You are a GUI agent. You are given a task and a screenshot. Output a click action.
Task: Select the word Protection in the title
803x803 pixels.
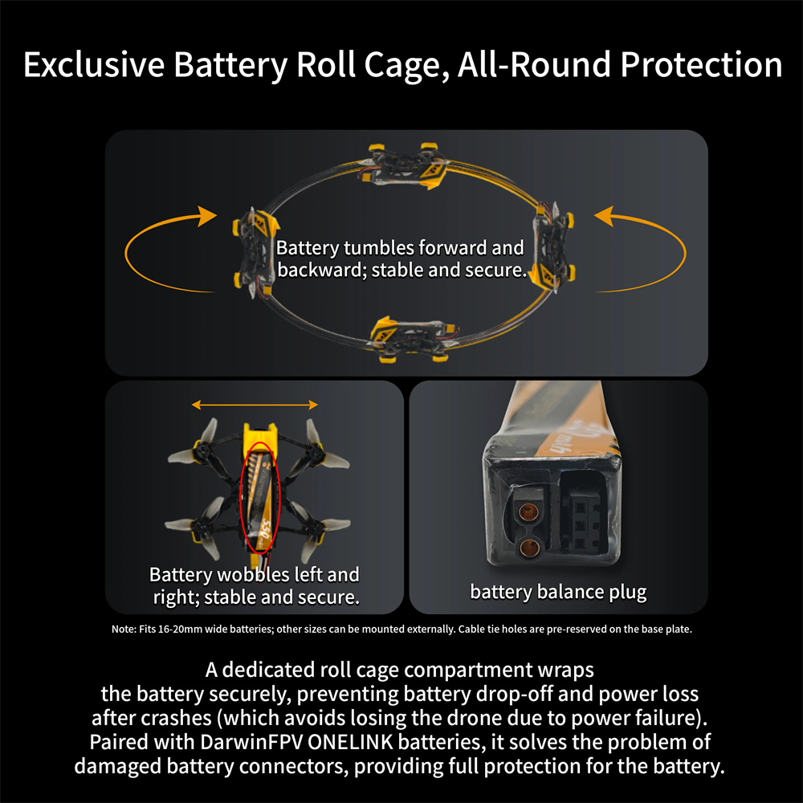[x=701, y=65]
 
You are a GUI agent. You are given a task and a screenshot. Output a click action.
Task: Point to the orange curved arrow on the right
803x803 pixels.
[x=646, y=249]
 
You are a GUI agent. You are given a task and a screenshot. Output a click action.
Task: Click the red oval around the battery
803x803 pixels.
[x=260, y=497]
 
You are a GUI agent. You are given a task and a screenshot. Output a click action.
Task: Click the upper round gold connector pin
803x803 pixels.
[x=527, y=511]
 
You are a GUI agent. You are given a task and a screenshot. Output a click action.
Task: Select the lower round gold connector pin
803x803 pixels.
[x=528, y=548]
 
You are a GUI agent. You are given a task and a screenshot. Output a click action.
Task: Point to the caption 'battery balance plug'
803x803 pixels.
[x=557, y=593]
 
